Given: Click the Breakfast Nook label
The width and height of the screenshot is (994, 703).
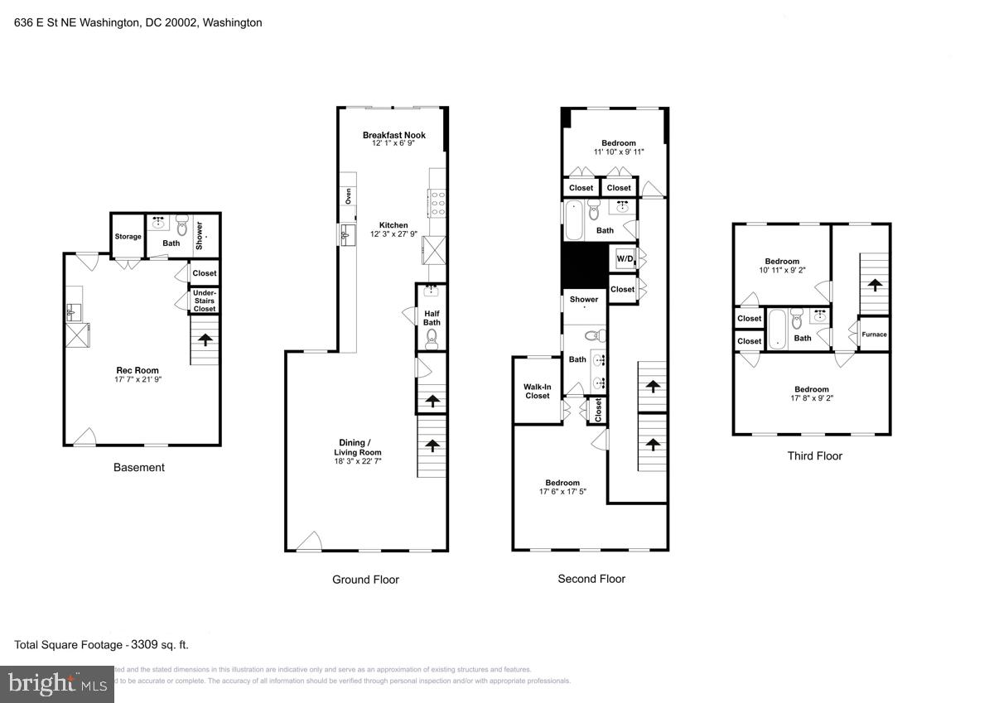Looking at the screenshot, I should (x=393, y=135).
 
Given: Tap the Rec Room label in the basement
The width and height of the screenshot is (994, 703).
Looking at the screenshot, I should (x=138, y=370).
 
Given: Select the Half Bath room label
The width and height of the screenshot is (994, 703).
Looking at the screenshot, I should (x=431, y=318).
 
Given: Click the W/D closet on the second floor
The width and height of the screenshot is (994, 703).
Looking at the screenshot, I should (x=624, y=259).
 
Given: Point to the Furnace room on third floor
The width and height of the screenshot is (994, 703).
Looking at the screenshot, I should (x=874, y=335).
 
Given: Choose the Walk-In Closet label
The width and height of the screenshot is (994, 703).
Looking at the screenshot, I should (x=537, y=391).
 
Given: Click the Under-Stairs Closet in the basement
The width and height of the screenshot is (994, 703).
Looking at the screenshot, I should (x=205, y=301).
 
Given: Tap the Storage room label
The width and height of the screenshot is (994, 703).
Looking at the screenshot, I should (x=128, y=237).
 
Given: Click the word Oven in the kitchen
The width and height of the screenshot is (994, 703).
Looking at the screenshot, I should (x=348, y=196).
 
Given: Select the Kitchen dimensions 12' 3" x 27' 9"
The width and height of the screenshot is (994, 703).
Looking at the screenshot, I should (x=393, y=234).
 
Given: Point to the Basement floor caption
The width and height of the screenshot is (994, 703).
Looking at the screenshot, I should (x=138, y=468).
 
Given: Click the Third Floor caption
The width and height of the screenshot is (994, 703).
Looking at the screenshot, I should (x=814, y=456).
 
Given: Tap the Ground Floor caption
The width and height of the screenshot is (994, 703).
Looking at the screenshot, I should (x=365, y=580).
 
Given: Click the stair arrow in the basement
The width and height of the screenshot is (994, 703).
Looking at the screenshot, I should (x=204, y=339).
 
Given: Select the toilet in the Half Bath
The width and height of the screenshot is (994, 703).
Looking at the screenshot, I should (x=431, y=337).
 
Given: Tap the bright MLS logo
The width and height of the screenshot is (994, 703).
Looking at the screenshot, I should (x=56, y=684).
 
